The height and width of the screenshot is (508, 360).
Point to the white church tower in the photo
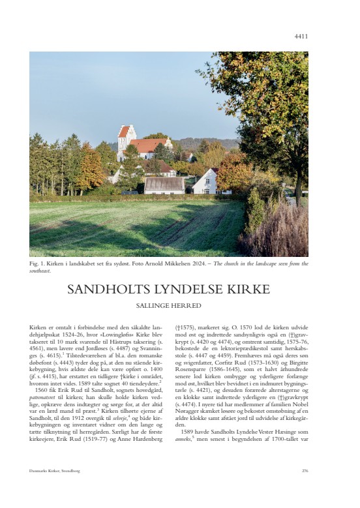click(x=124, y=138)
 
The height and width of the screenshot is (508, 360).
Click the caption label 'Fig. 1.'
click(x=37, y=263)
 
